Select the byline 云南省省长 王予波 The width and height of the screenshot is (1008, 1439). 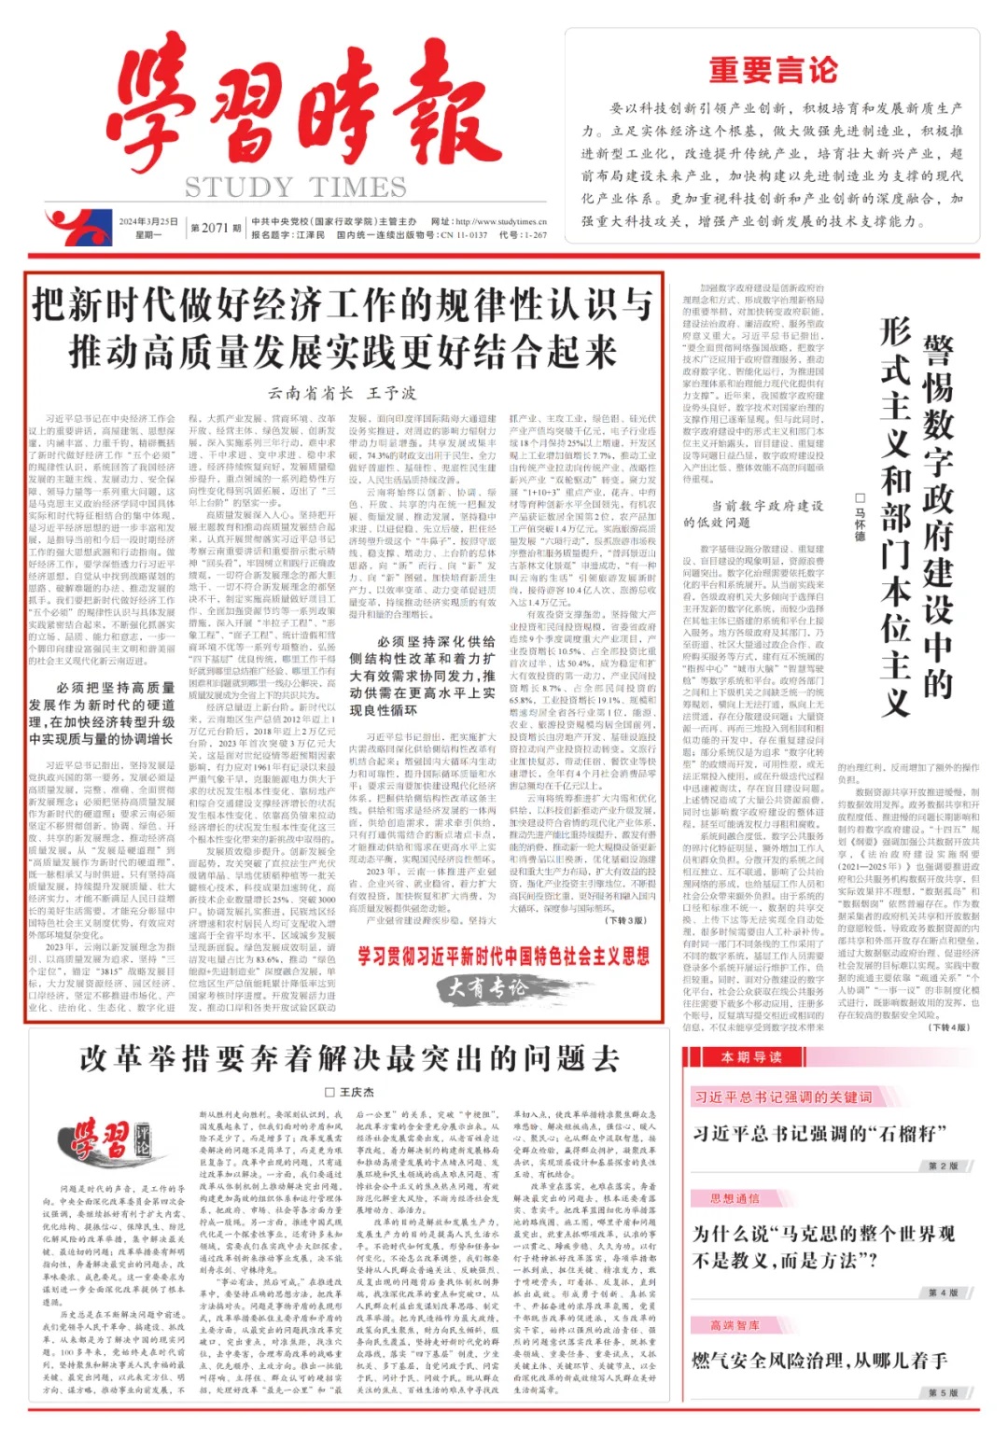click(x=342, y=393)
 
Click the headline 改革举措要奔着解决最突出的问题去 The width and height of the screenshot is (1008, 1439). click(x=349, y=1058)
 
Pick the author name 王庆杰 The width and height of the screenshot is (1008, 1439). click(x=350, y=1092)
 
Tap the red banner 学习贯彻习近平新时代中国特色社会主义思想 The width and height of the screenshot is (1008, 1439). click(x=503, y=956)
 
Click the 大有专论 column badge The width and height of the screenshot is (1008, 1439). click(x=487, y=986)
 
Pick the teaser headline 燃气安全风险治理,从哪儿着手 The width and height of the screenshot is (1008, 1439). click(x=819, y=1361)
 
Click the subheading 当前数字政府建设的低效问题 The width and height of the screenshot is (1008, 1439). click(x=753, y=513)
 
